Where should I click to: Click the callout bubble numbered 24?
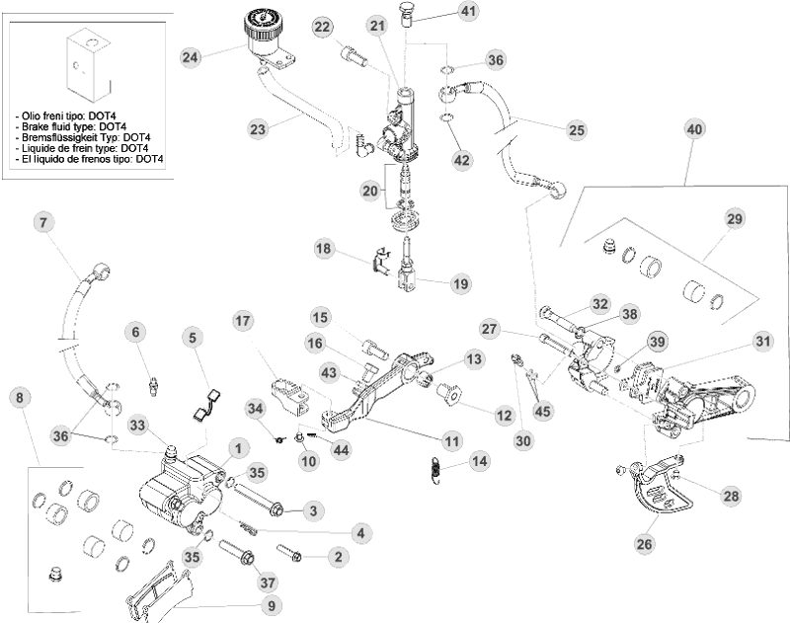(190, 57)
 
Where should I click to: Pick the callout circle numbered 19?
(461, 284)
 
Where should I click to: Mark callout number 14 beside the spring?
(480, 460)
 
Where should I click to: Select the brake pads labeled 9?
(153, 592)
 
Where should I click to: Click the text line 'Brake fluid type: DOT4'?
(70, 126)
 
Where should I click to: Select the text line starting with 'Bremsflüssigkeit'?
(83, 137)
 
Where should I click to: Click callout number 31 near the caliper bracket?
(762, 342)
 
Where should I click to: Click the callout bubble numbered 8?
(19, 397)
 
